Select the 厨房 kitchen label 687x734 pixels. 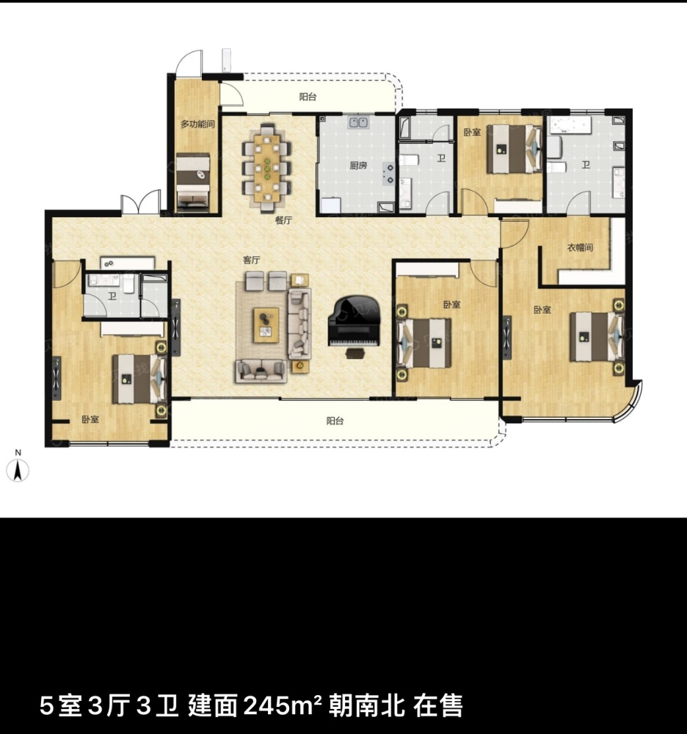358,165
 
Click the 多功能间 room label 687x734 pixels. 197,124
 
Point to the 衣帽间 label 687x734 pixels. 581,247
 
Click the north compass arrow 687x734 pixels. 18,470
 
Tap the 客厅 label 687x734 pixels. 251,260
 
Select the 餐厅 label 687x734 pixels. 283,219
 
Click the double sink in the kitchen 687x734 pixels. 358,123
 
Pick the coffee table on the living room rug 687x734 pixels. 266,324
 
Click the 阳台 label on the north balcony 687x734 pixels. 308,97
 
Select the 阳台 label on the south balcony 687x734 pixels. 335,421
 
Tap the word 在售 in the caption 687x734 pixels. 438,705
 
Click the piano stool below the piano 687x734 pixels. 355,353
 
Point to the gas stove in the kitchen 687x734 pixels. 388,172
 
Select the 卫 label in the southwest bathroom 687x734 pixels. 112,296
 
